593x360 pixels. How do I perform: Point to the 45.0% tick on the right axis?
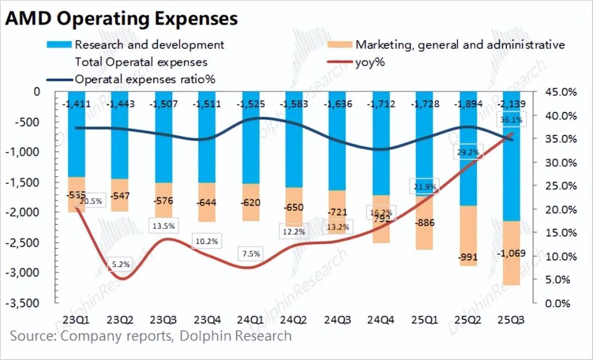[561, 92]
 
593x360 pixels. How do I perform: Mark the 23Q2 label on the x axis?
[121, 320]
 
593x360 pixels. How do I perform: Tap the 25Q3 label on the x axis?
[509, 320]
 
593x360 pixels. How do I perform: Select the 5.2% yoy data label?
[121, 264]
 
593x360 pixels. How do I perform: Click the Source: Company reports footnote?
[151, 336]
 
